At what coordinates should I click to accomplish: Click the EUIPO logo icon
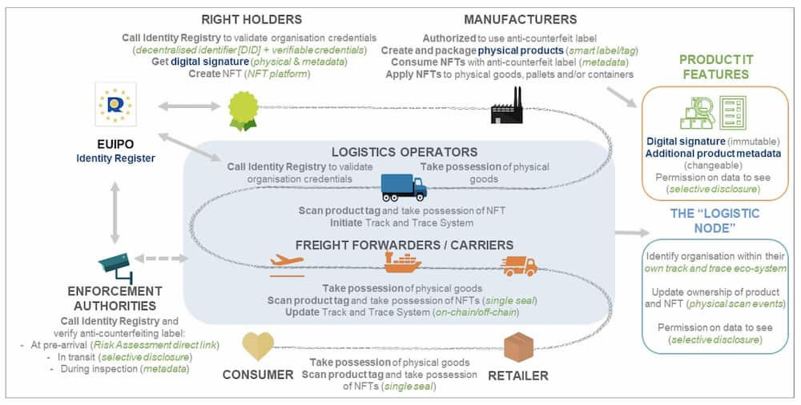click(115, 104)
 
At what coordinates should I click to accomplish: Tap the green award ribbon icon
click(244, 110)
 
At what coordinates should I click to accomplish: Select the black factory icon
click(506, 105)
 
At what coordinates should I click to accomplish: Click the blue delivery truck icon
click(404, 187)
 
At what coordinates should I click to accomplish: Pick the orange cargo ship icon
click(403, 263)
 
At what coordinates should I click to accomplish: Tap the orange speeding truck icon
click(520, 266)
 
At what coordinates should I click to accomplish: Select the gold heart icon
click(258, 346)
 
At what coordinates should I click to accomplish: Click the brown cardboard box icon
click(518, 347)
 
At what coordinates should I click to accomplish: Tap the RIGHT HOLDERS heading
click(252, 20)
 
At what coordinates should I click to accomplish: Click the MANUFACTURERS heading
click(520, 20)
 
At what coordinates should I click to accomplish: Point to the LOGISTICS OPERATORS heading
click(404, 152)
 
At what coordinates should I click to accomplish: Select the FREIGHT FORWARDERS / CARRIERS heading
click(404, 245)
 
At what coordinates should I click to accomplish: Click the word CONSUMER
click(258, 375)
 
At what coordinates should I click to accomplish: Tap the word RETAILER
click(518, 376)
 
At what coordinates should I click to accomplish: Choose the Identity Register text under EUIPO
click(115, 158)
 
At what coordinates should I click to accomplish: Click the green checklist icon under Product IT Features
click(733, 113)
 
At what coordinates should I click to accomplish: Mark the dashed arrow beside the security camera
click(161, 259)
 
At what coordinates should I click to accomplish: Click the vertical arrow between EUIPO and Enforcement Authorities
click(115, 211)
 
